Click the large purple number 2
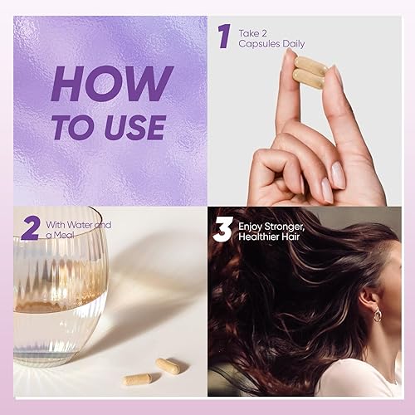31,227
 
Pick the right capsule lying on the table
168,365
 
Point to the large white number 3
222,229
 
